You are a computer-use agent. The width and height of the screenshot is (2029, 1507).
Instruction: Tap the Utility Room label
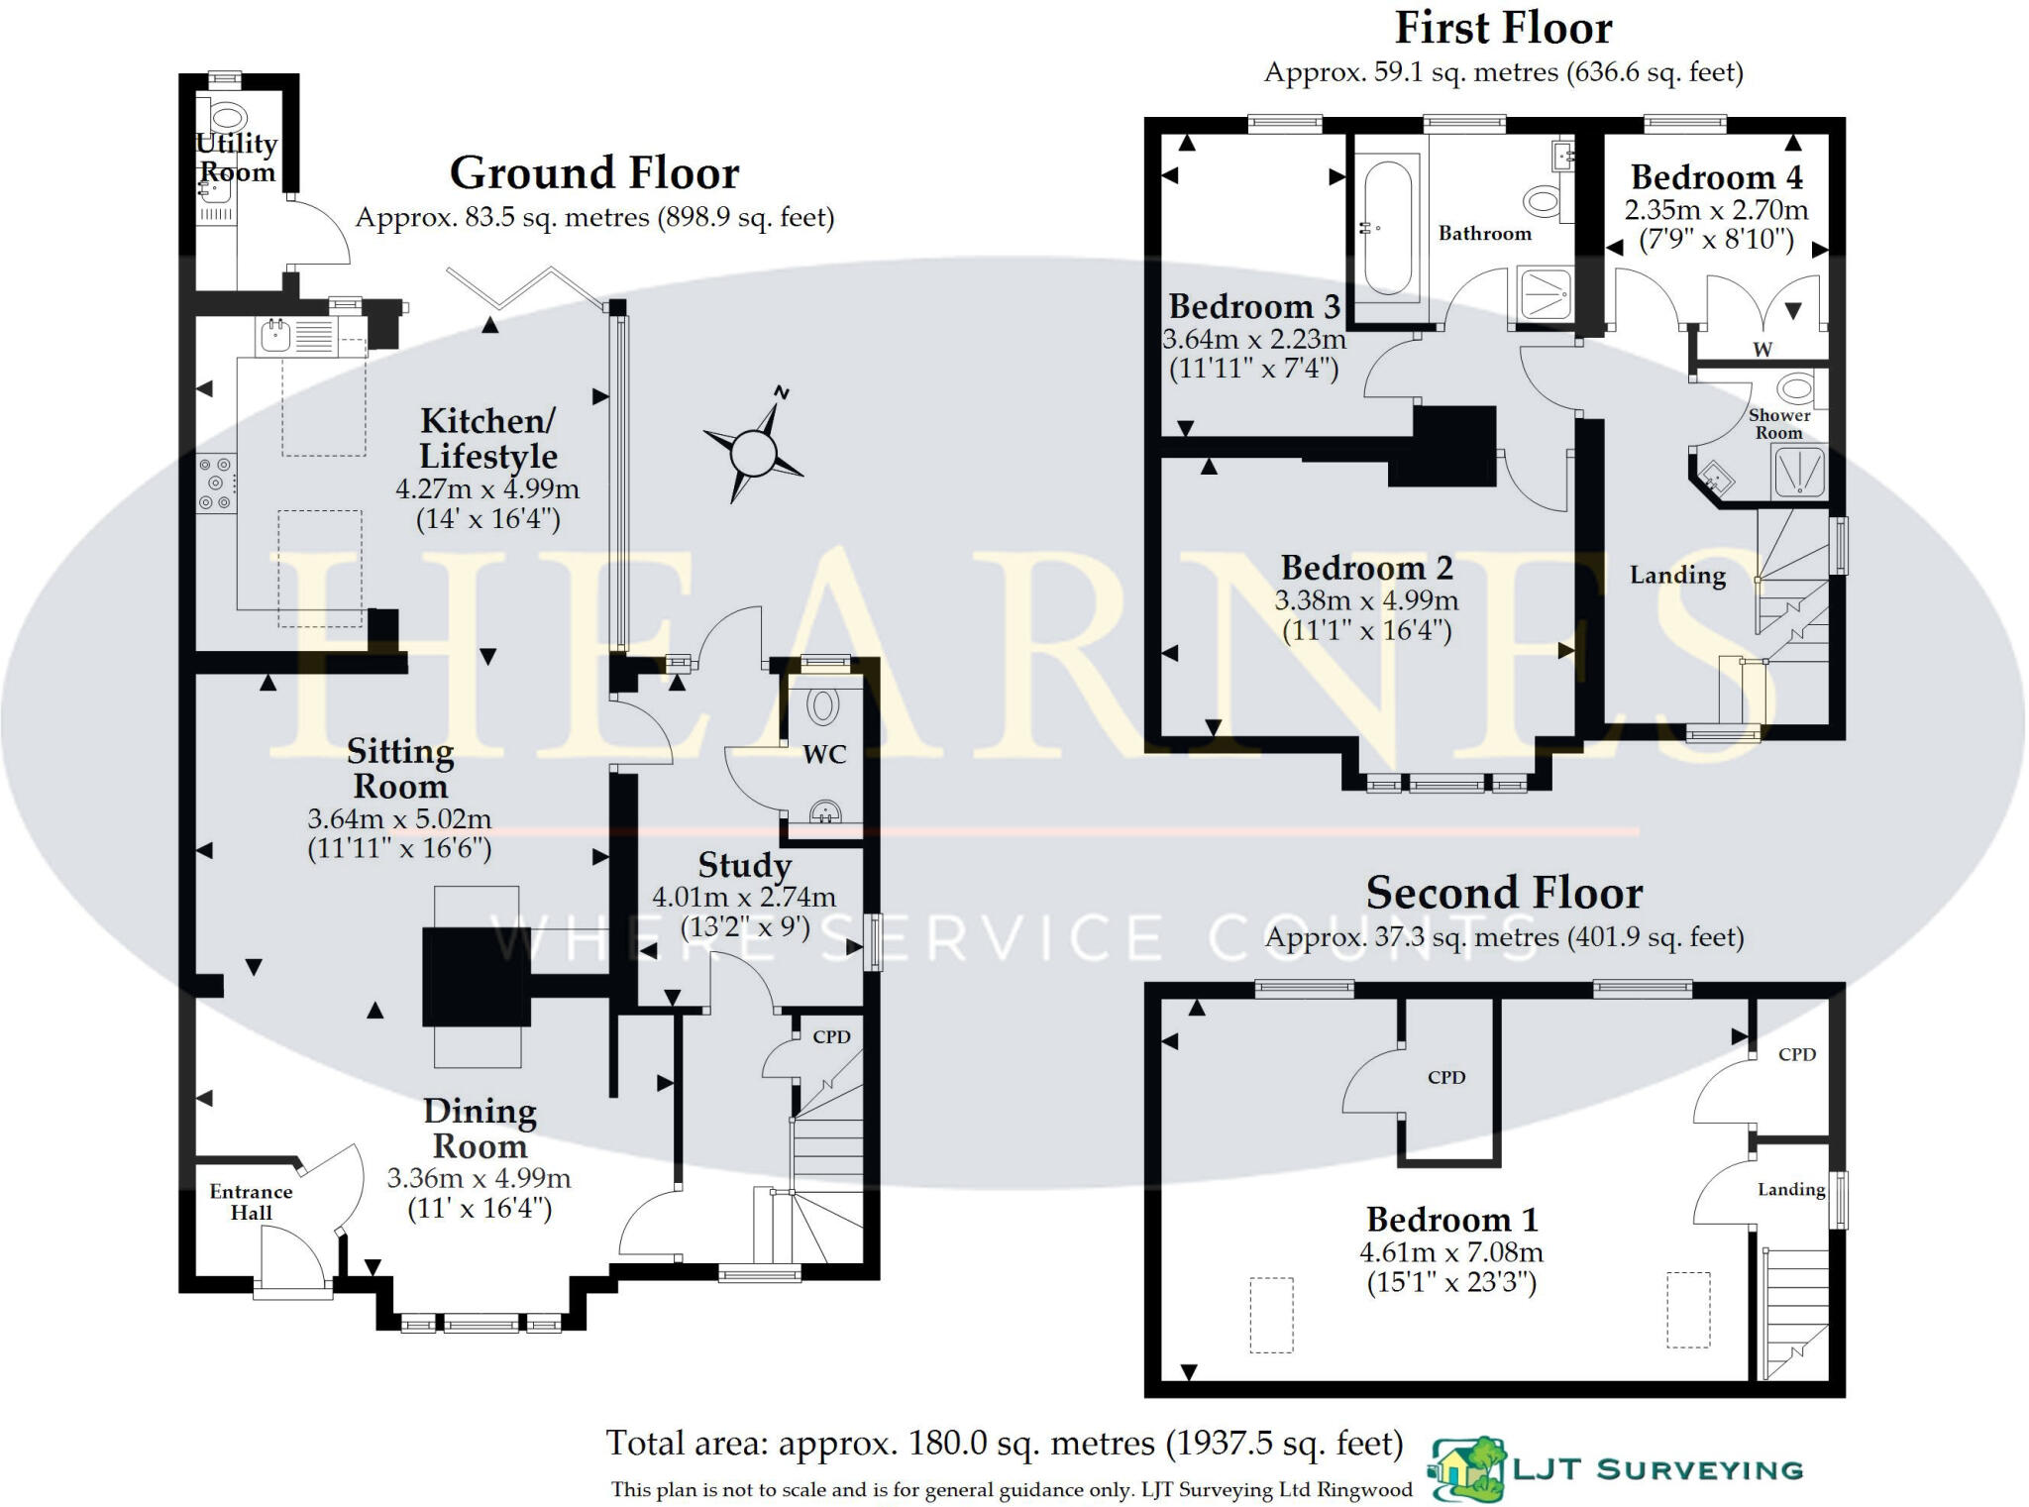tap(236, 158)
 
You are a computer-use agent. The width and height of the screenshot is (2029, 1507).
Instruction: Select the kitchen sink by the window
tap(274, 337)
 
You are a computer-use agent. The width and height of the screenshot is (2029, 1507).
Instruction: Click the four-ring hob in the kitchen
tap(216, 484)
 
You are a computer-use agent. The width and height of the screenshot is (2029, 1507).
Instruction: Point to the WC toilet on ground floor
tap(821, 706)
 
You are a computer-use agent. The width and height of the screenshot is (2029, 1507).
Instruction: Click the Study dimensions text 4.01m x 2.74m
tap(743, 898)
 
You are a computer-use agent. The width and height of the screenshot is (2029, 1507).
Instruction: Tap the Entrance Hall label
tap(251, 1202)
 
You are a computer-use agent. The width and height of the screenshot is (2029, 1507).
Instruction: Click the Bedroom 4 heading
tap(1716, 177)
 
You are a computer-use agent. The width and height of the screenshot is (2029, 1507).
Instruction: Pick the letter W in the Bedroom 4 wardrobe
tap(1762, 349)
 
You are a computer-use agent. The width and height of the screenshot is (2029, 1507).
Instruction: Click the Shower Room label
tap(1778, 424)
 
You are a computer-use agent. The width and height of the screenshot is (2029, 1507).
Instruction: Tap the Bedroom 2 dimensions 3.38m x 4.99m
tap(1365, 600)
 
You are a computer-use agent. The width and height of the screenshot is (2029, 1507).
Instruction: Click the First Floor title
tap(1502, 28)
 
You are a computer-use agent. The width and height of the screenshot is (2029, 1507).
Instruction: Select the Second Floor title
tap(1503, 893)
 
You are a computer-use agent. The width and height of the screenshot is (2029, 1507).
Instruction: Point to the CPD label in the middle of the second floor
tap(1445, 1077)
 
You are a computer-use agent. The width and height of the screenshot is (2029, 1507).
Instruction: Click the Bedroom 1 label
tap(1451, 1219)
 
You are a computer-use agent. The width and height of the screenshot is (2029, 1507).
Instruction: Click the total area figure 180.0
tap(950, 1444)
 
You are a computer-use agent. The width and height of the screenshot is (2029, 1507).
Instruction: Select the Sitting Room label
tap(400, 769)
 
